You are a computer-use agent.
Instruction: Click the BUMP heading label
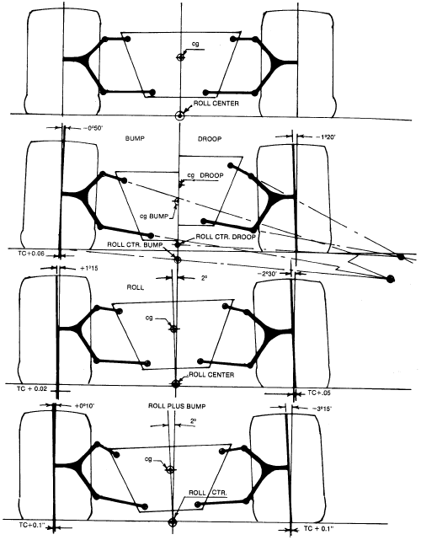[135, 138]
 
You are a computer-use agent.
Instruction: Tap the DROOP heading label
[210, 139]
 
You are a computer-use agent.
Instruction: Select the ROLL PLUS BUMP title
[177, 406]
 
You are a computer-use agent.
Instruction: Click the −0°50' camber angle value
[93, 128]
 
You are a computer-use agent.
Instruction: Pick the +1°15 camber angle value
[88, 268]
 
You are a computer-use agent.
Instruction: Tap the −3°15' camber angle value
[322, 409]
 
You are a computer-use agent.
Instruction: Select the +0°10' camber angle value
[84, 406]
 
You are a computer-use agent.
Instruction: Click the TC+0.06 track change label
[30, 254]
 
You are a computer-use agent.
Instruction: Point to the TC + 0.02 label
[32, 389]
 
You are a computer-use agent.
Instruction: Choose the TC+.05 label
[319, 393]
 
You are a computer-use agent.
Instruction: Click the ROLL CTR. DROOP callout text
[226, 237]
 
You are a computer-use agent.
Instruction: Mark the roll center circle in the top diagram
[179, 115]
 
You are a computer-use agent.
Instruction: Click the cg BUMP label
[154, 217]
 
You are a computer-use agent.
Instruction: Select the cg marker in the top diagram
[179, 57]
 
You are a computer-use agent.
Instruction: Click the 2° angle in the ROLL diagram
[204, 277]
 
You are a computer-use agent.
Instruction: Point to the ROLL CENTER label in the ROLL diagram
[211, 375]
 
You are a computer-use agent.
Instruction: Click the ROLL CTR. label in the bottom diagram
[208, 493]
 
